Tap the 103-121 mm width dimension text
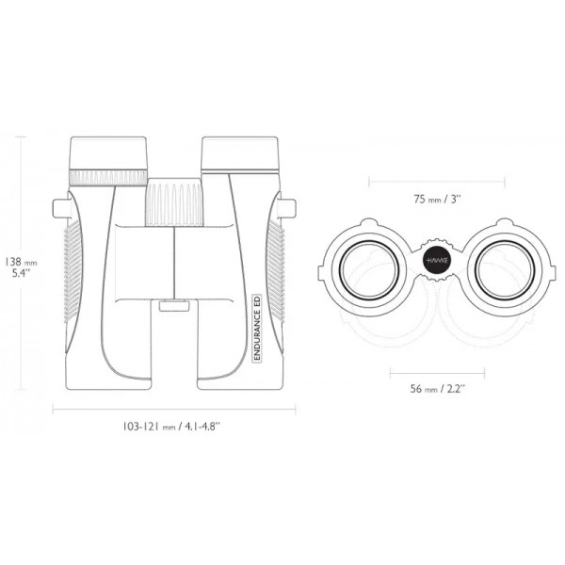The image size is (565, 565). pos(171,427)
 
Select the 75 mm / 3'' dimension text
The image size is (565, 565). pos(437,199)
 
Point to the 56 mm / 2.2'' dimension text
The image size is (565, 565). pos(438,389)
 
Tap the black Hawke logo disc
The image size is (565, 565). pos(437,260)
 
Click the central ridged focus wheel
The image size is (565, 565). pos(174,202)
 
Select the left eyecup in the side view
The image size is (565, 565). pos(108,153)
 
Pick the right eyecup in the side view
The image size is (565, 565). pos(240,153)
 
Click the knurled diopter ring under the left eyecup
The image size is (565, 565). pos(108,177)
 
